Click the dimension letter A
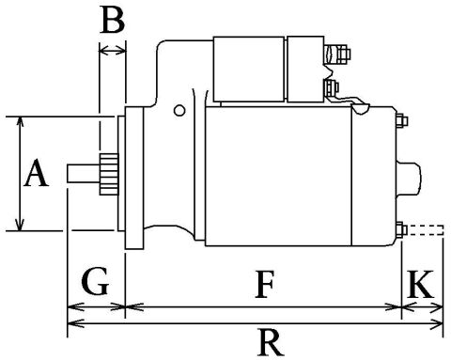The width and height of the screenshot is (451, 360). [37, 175]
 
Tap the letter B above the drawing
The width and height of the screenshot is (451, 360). [112, 21]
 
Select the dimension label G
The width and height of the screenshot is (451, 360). [95, 280]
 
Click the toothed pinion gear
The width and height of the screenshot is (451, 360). [106, 175]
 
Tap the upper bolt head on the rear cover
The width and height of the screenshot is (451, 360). [401, 119]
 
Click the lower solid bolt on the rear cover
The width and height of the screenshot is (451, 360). [401, 229]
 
